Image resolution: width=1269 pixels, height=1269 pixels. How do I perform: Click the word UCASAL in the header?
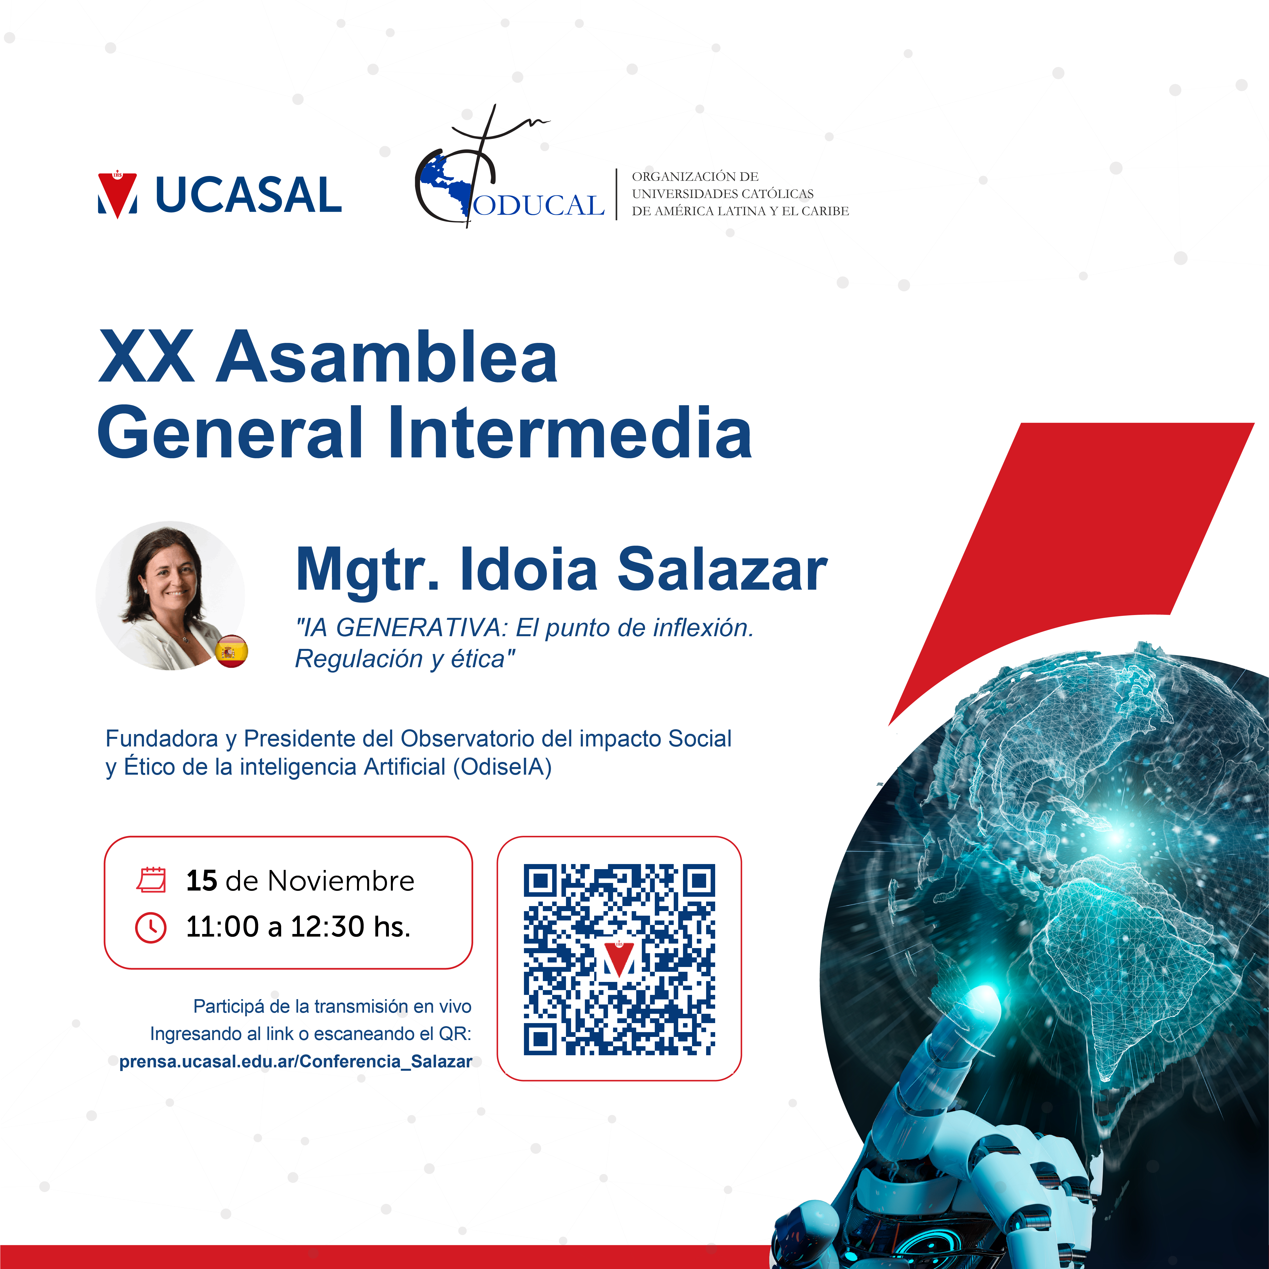point(248,195)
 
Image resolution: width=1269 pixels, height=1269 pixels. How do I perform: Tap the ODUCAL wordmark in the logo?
point(539,206)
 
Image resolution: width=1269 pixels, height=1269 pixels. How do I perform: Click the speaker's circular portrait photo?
point(170,596)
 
